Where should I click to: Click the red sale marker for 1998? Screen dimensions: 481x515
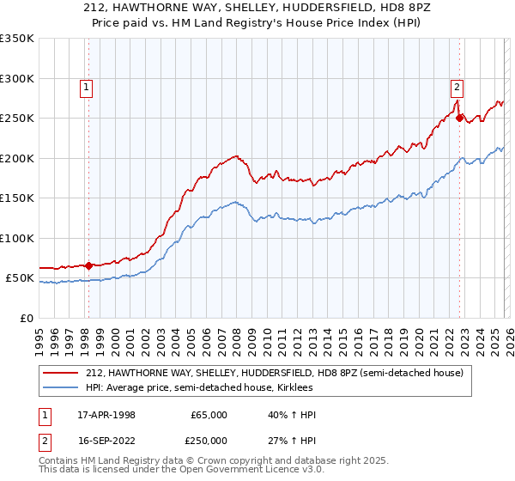tap(88, 265)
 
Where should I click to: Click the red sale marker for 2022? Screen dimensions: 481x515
tap(459, 118)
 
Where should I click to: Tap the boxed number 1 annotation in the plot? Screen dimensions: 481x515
tap(88, 86)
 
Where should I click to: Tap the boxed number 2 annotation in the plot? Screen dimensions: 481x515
tap(457, 86)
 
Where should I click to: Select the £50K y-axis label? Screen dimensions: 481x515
tap(20, 278)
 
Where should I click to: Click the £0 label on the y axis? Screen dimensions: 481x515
tap(26, 318)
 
